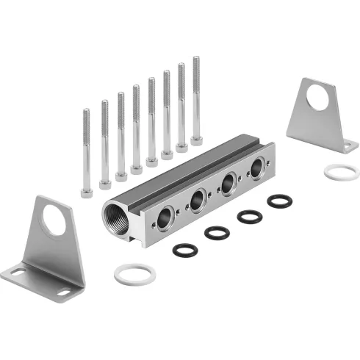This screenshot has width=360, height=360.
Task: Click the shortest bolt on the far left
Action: [86, 151]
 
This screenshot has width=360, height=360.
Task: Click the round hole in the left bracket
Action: [54, 220]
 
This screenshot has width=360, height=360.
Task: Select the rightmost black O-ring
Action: [279, 201]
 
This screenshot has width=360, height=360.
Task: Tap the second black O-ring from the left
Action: [217, 233]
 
